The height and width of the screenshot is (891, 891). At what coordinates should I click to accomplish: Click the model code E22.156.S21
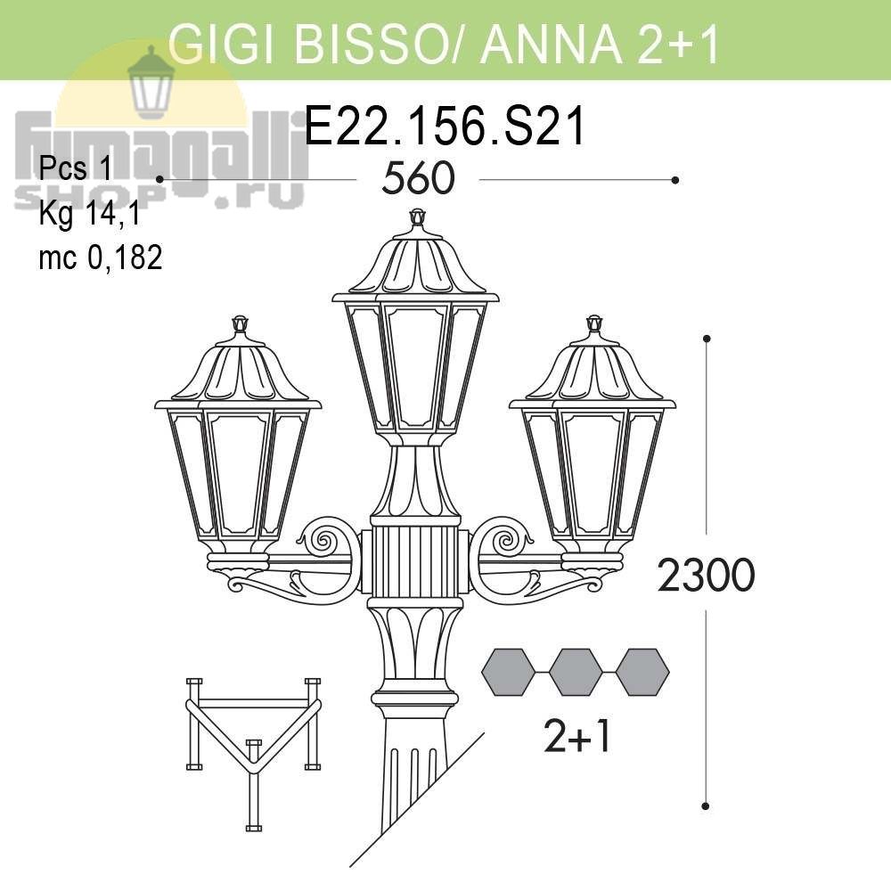[445, 127]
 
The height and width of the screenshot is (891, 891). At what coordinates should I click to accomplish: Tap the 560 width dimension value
[418, 178]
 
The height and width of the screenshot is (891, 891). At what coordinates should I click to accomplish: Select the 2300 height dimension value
[706, 575]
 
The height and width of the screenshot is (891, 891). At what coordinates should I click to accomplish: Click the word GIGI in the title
[226, 43]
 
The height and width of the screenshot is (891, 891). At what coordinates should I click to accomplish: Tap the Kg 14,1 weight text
[89, 215]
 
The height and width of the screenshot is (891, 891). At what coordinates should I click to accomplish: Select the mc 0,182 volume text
[101, 257]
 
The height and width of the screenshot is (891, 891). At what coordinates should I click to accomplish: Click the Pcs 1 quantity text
[76, 168]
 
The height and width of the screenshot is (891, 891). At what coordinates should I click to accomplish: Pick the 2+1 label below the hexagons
[576, 737]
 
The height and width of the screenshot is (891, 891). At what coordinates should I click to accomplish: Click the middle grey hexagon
[576, 672]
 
